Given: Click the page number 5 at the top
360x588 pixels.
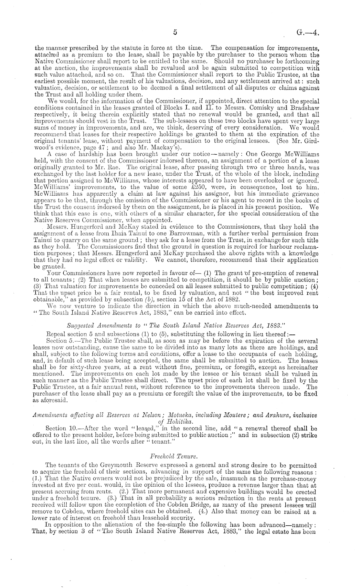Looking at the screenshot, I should point(175,32).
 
